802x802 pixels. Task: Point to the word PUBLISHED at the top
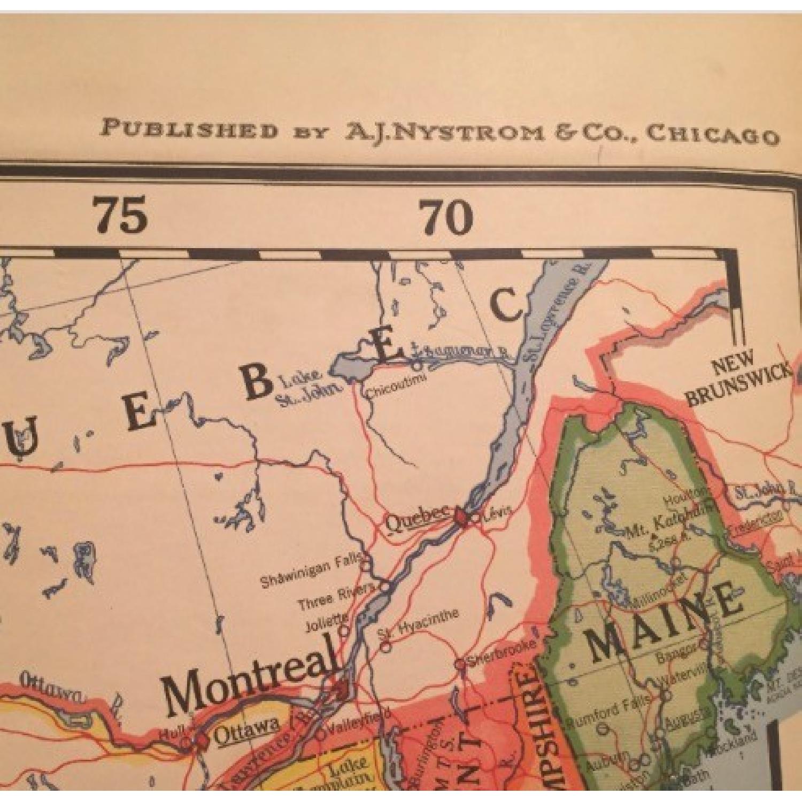pos(190,129)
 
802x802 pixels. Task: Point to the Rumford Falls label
pos(608,710)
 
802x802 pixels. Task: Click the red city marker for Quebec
pos(460,518)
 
